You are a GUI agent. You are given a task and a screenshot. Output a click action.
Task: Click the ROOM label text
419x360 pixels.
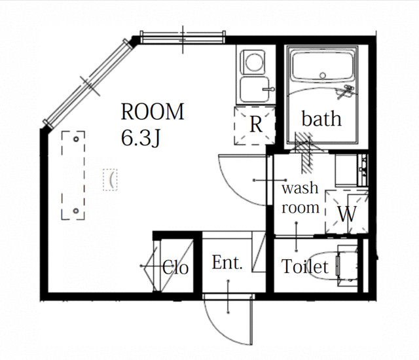(153, 112)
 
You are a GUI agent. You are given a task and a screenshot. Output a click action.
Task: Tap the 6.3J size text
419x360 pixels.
(141, 138)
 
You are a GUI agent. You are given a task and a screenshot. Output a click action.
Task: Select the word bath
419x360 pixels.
(321, 118)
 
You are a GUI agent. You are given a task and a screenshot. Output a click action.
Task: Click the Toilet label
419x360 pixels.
(305, 266)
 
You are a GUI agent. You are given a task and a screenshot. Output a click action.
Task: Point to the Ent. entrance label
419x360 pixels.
(227, 262)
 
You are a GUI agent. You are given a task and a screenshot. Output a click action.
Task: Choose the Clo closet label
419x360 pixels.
(175, 267)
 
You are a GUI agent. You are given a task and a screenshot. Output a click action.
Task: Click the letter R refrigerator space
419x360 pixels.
(256, 124)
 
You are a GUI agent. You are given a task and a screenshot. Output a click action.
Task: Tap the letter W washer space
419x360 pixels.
(347, 214)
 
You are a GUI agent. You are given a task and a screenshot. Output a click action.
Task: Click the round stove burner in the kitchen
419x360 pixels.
(253, 62)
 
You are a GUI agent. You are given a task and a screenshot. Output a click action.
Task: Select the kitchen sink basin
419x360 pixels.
(255, 90)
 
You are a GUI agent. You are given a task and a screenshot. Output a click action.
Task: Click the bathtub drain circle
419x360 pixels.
(323, 75)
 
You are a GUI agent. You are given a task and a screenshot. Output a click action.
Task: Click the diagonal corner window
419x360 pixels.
(89, 83)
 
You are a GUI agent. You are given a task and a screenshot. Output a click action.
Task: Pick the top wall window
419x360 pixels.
(183, 37)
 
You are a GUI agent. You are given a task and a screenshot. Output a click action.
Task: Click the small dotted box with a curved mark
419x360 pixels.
(111, 180)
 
